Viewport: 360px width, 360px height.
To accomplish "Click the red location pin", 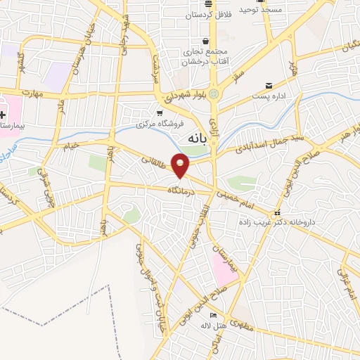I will (x=181, y=165).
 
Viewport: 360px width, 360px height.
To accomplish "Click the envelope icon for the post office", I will (x=269, y=86).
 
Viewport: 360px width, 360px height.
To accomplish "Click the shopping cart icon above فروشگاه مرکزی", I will (x=160, y=112).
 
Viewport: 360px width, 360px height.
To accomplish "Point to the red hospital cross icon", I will (x=4, y=115).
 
